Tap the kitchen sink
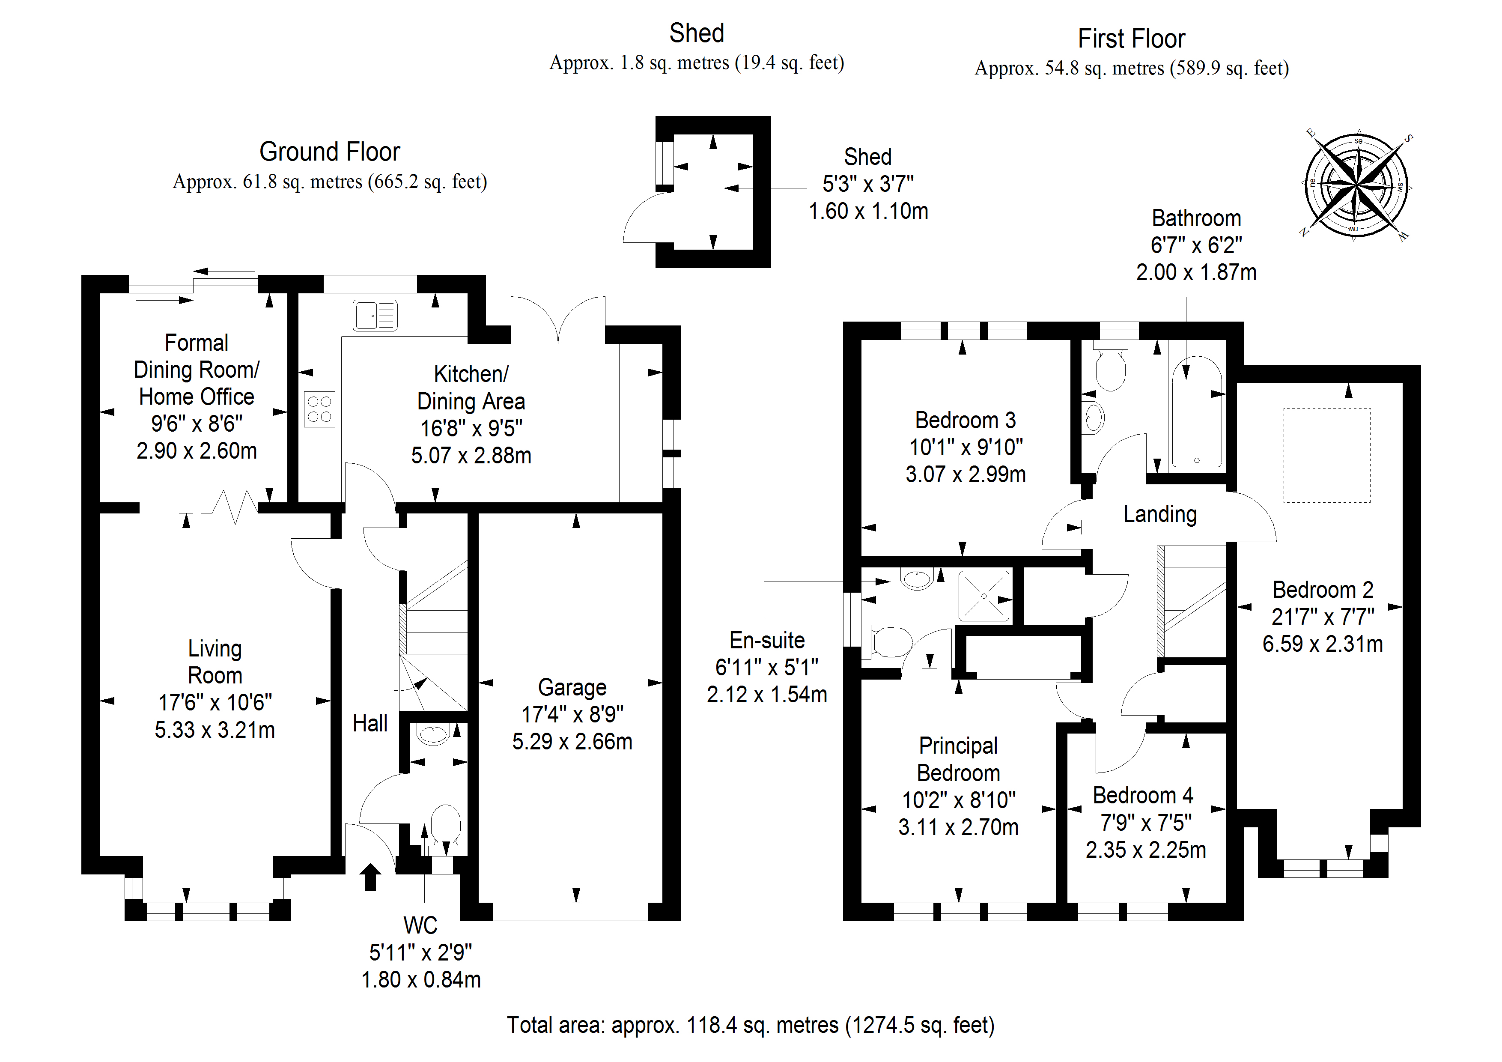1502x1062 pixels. [x=375, y=316]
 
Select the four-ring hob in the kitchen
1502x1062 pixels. [x=319, y=410]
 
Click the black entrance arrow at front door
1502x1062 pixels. [x=370, y=877]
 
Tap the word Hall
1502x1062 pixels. [x=370, y=724]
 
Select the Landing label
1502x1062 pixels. [x=1160, y=514]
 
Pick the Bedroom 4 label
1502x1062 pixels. [x=1143, y=796]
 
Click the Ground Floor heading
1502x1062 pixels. [x=330, y=152]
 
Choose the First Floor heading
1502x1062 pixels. [x=1131, y=39]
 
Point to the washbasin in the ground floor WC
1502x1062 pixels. [x=432, y=734]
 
